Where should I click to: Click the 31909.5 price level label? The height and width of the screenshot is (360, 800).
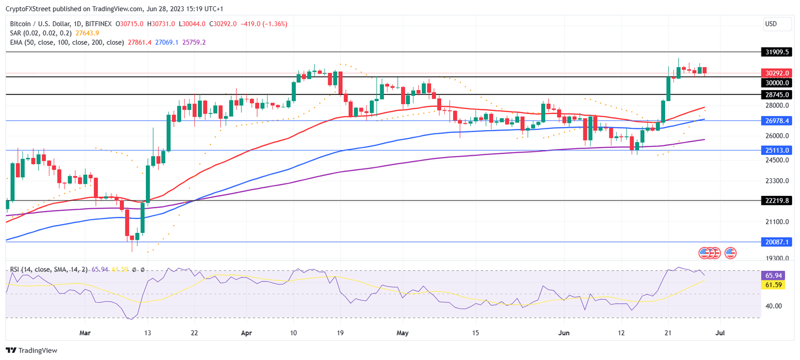[776, 52]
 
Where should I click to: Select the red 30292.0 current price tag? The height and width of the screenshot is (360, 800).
[776, 73]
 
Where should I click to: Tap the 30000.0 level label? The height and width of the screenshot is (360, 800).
[776, 83]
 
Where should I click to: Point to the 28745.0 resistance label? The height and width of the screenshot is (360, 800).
[776, 95]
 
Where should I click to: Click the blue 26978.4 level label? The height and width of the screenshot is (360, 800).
[776, 121]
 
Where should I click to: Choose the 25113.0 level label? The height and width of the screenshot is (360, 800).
[776, 150]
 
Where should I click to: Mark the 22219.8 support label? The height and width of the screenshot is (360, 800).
[776, 201]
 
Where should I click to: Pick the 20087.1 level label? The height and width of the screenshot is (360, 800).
[776, 242]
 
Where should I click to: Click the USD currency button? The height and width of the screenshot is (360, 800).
[771, 24]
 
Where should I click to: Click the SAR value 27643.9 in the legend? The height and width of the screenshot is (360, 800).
[87, 33]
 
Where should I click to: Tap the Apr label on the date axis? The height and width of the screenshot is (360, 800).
[246, 332]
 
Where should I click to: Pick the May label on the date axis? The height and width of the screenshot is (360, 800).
[401, 332]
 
